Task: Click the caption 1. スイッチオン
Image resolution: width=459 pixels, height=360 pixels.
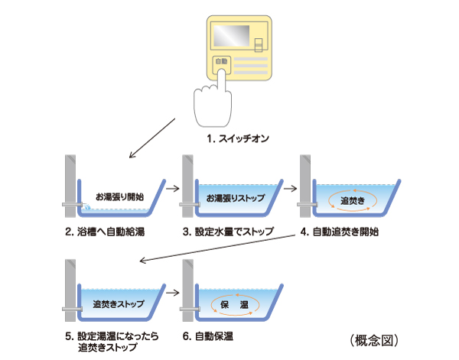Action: (x=238, y=139)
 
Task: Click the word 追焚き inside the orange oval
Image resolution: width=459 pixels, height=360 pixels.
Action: (x=352, y=199)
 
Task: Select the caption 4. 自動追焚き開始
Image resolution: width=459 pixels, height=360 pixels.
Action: (x=347, y=231)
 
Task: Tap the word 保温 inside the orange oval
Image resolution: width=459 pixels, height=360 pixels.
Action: (x=235, y=303)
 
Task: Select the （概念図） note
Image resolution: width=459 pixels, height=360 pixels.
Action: (x=373, y=337)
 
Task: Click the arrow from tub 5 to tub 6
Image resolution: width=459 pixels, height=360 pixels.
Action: (x=172, y=291)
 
